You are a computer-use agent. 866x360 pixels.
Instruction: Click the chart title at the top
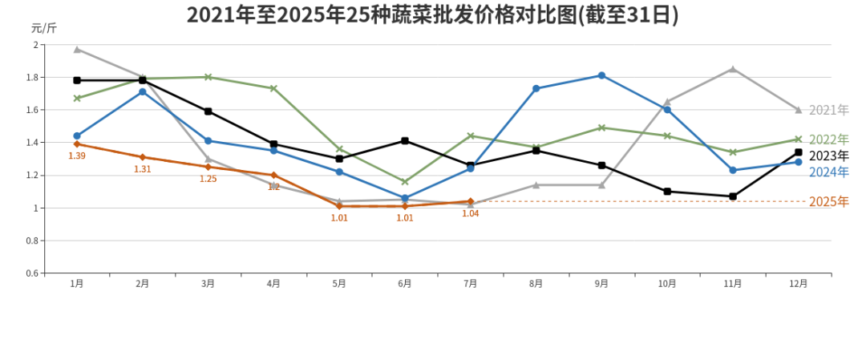pyautogui.click(x=432, y=15)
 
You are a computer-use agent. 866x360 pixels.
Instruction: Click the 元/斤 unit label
pyautogui.click(x=44, y=28)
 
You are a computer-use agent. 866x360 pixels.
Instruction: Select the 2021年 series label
pyautogui.click(x=828, y=110)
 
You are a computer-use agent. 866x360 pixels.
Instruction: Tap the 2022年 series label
pyautogui.click(x=828, y=140)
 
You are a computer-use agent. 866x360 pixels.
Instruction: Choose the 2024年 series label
pyautogui.click(x=828, y=172)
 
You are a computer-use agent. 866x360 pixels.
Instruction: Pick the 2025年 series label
pyautogui.click(x=828, y=202)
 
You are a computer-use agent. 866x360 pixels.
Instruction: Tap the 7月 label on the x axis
pyautogui.click(x=471, y=284)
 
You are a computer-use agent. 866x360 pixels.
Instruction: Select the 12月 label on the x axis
pyautogui.click(x=798, y=284)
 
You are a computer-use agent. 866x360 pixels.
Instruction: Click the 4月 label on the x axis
pyautogui.click(x=273, y=284)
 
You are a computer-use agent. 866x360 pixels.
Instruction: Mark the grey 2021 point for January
pyautogui.click(x=77, y=49)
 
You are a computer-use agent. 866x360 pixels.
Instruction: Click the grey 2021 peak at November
pyautogui.click(x=733, y=69)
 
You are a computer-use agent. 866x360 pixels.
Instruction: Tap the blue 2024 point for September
pyautogui.click(x=601, y=75)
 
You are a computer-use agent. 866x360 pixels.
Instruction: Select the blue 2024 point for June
pyautogui.click(x=405, y=198)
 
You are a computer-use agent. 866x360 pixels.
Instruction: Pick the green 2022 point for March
pyautogui.click(x=208, y=77)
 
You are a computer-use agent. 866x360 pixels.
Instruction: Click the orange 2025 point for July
pyautogui.click(x=471, y=201)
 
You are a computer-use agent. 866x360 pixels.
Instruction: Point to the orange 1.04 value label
pyautogui.click(x=471, y=214)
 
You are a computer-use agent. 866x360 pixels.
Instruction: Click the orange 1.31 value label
pyautogui.click(x=143, y=169)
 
